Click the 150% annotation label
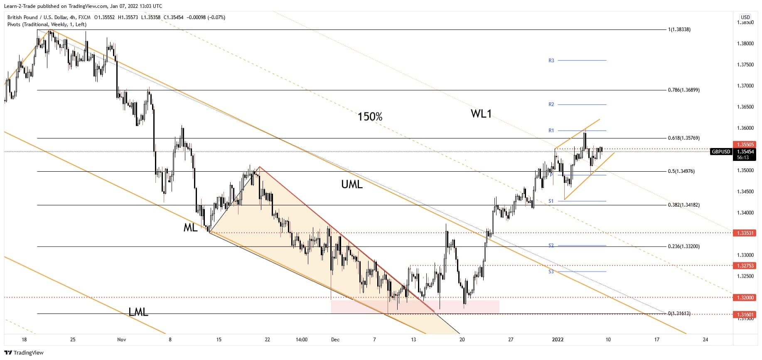coord(370,117)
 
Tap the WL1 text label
coord(481,113)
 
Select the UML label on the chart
coord(352,184)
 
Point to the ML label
coord(190,227)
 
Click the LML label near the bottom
coord(138,312)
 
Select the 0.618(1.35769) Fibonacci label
coord(683,138)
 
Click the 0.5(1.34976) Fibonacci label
coord(681,171)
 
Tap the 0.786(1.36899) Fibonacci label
coord(683,90)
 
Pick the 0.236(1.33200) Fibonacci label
coord(683,247)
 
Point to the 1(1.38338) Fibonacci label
coord(679,30)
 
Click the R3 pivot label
coord(551,61)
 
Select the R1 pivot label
coord(551,131)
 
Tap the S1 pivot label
coord(551,201)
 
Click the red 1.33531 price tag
coord(745,233)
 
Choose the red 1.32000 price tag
coord(745,298)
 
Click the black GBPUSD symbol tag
coord(720,152)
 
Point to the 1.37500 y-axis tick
coord(745,65)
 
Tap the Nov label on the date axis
coord(121,340)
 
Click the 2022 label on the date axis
coord(558,340)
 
